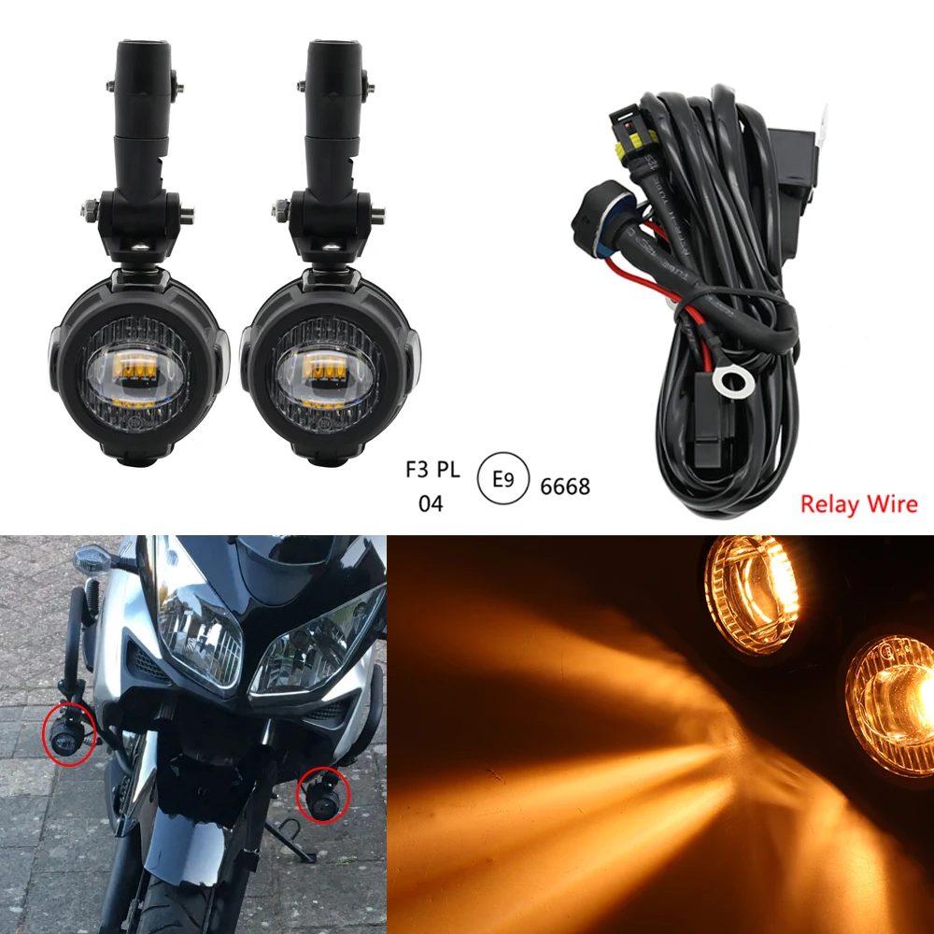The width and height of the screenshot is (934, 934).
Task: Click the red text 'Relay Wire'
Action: coord(858,504)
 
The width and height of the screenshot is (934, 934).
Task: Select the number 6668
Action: coord(564,486)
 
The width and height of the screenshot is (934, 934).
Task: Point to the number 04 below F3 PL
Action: coord(431,504)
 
